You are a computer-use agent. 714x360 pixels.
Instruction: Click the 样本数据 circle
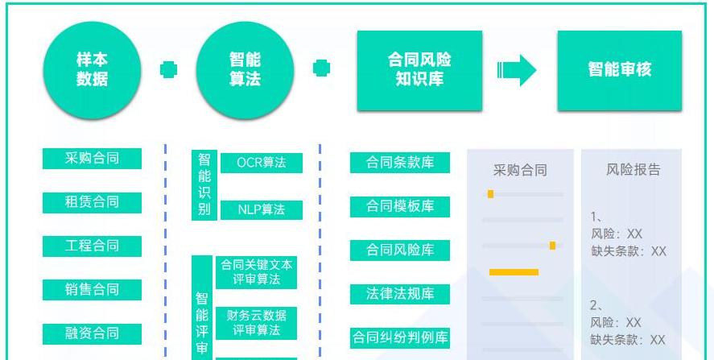[92, 69]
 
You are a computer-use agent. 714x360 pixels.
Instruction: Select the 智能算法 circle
[245, 69]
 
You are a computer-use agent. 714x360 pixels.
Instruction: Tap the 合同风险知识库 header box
[419, 69]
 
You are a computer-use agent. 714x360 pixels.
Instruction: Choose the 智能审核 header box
[619, 69]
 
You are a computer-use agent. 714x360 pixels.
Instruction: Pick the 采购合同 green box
[92, 159]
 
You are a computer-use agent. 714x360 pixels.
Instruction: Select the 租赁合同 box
[92, 202]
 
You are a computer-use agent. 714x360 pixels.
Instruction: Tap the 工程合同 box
[92, 246]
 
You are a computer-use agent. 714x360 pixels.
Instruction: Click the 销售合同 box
[92, 289]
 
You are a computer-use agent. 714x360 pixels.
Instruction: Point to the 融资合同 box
[92, 333]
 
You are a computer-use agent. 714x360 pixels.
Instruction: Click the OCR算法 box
[261, 163]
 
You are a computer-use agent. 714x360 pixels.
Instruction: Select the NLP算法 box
[261, 209]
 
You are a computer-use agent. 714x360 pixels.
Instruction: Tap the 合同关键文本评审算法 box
[257, 272]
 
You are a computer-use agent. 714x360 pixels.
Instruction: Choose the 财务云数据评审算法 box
[257, 322]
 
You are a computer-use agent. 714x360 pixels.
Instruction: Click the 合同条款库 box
[400, 162]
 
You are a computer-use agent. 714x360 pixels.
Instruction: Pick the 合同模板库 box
[400, 206]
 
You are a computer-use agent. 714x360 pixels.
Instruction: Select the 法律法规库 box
[400, 294]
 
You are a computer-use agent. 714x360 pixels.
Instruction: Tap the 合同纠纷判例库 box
[400, 338]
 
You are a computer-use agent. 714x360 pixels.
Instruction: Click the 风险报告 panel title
[633, 170]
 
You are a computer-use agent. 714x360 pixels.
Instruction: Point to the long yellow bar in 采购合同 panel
[514, 272]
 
